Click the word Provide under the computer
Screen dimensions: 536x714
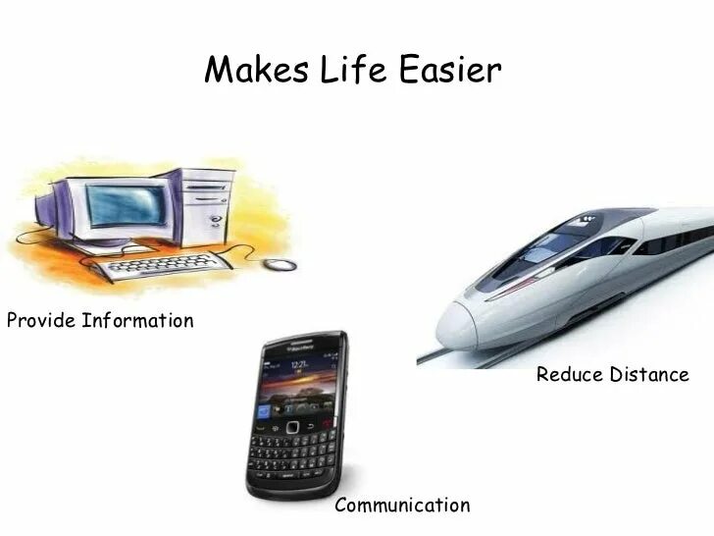[40, 321]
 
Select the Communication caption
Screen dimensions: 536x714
[402, 506]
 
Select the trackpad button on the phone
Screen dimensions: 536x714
[291, 427]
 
